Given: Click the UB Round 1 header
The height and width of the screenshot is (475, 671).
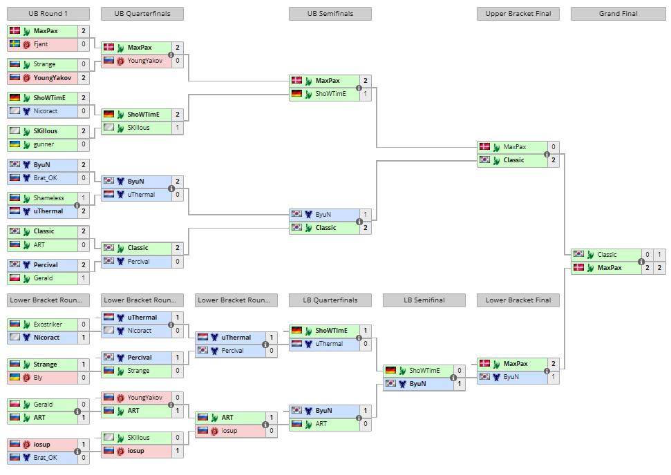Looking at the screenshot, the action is coord(48,14).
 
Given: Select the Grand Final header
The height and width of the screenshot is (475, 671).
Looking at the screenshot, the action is coord(618,14).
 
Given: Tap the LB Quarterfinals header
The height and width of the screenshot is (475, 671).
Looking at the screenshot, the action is coord(330,300).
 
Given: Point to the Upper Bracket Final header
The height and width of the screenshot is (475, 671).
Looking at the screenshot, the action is coord(518,14).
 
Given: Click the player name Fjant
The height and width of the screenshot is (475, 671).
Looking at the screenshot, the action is coord(41,44).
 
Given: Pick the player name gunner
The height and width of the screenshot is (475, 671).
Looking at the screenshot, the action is coord(44,144).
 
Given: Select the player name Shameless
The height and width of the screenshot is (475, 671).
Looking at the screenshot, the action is coord(49,198).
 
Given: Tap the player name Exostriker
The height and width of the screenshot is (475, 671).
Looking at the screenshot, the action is coord(48,324).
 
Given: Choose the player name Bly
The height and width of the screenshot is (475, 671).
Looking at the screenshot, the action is coord(38,378).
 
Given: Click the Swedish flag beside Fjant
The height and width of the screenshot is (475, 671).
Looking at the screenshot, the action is coord(15,43).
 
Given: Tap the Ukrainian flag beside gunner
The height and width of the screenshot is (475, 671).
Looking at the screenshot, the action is coord(15,144).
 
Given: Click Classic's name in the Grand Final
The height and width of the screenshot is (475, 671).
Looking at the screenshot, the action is coord(607,255).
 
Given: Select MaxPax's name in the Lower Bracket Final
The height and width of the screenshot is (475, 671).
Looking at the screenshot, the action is coord(516,364).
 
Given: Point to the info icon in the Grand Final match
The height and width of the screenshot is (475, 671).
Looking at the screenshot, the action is coord(641,262).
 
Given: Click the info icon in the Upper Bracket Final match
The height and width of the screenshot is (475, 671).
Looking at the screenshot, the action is coord(547,155).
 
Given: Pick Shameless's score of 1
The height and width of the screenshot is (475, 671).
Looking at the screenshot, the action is coord(84,198).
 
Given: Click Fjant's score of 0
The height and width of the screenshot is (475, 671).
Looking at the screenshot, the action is coord(84,44).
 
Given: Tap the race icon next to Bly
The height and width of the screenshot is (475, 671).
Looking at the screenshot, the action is coord(26,378).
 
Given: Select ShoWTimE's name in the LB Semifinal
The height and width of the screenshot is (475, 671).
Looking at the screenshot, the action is coord(424,371).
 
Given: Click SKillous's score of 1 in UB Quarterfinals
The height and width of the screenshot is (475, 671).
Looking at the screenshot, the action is coord(178,128).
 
